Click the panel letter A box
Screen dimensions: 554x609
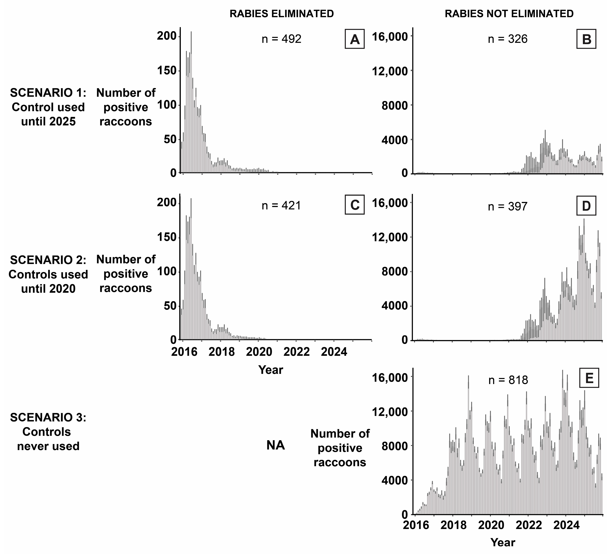pyautogui.click(x=355, y=39)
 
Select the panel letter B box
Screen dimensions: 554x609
pyautogui.click(x=586, y=39)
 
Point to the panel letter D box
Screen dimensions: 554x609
pyautogui.click(x=586, y=206)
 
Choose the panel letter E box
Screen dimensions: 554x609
pyautogui.click(x=589, y=379)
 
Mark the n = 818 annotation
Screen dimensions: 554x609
pyautogui.click(x=508, y=380)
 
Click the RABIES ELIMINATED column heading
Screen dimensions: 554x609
pyautogui.click(x=282, y=14)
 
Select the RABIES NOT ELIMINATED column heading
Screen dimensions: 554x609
pyautogui.click(x=509, y=14)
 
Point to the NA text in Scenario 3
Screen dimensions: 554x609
pyautogui.click(x=276, y=445)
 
